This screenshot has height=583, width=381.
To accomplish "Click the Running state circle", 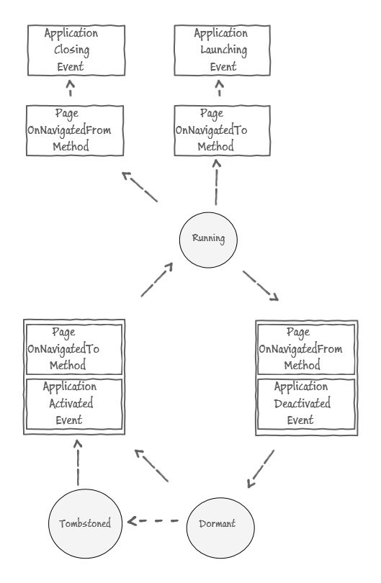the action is (x=208, y=240).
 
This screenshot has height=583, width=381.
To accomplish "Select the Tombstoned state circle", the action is (x=85, y=523).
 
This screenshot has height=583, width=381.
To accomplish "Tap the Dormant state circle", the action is (x=220, y=528).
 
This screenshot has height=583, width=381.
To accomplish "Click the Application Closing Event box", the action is (x=76, y=50).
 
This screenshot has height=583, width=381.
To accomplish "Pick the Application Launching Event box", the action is (x=222, y=50).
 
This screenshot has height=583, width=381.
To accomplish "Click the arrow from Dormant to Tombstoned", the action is (x=153, y=521).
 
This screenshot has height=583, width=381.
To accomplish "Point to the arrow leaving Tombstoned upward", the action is (x=78, y=462).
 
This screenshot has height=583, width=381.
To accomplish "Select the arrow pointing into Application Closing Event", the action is (x=70, y=88).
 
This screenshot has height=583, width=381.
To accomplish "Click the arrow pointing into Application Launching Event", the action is (x=220, y=88).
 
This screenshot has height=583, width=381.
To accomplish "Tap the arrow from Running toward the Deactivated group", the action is (x=261, y=286).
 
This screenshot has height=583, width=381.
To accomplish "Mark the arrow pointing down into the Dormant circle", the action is (x=261, y=469).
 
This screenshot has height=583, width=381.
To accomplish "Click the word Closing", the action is (x=72, y=50).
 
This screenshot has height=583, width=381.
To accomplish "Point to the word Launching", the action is (x=223, y=50).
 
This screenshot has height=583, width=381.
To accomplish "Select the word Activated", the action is (x=71, y=403).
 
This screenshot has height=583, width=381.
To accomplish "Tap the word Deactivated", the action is (x=302, y=403).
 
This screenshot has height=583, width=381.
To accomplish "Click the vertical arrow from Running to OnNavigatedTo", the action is (x=216, y=182).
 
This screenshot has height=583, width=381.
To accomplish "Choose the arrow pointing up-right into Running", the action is (x=156, y=279).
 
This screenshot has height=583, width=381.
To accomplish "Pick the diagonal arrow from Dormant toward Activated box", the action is (x=151, y=466).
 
